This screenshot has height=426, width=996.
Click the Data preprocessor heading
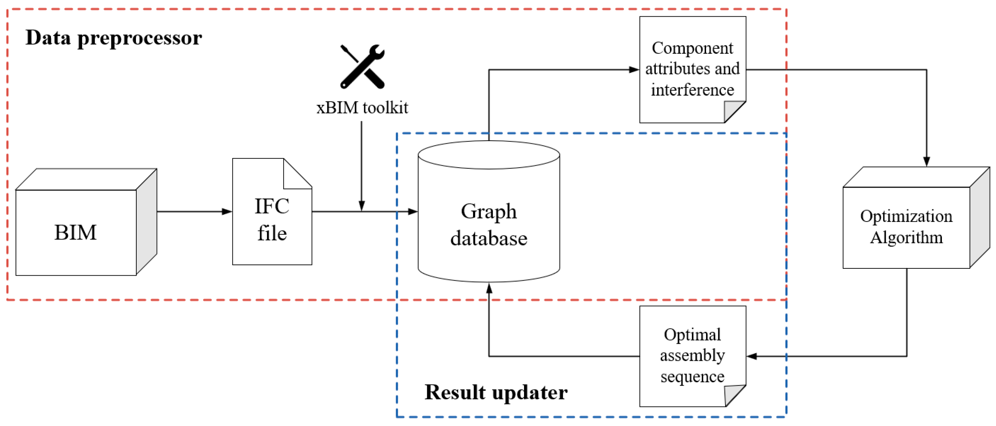114,38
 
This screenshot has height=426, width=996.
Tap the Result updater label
496,392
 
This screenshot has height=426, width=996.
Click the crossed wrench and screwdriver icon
362,66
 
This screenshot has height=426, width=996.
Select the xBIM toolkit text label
362,108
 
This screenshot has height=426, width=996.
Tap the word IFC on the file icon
272,206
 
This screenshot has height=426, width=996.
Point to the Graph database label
489,224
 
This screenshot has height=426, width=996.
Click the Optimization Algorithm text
906,227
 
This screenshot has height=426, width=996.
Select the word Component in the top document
692,48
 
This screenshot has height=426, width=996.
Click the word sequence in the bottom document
692,376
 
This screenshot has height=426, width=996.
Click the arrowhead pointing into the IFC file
227,212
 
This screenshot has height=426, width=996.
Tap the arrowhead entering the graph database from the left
413,212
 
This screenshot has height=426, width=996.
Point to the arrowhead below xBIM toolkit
361,206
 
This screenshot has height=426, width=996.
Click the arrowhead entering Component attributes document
634,70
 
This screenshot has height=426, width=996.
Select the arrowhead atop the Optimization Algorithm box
926,161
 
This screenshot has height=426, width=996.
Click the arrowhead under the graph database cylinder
489,288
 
